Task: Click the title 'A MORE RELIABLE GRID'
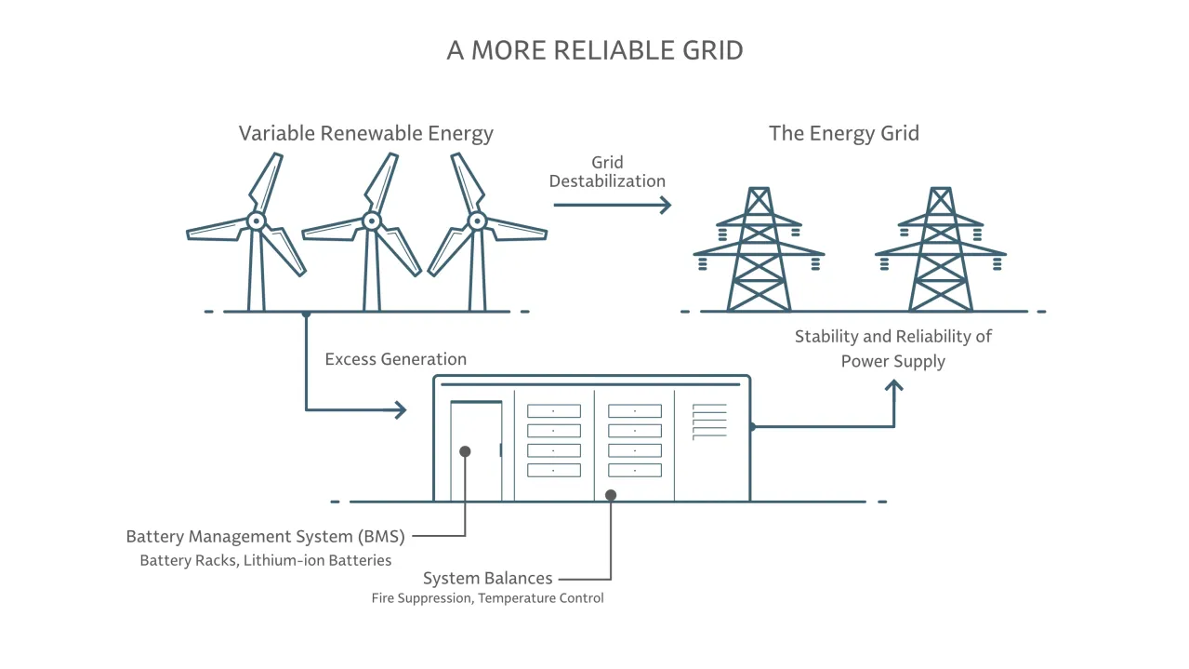595,50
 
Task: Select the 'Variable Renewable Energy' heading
365,133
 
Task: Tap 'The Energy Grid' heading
843,133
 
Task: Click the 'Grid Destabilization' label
607,172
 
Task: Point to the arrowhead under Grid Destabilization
665,205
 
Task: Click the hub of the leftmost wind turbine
256,221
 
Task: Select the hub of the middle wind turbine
372,221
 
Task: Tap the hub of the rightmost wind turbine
477,221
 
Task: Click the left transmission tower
759,251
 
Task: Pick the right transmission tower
940,251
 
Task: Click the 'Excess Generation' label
395,359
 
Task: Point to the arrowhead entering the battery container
401,409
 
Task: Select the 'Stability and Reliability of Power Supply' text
892,348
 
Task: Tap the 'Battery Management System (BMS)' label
265,536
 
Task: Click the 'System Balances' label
487,579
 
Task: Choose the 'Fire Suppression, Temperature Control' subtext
487,598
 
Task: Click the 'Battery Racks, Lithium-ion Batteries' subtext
265,560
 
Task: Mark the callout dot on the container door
465,451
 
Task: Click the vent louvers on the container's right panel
709,421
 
